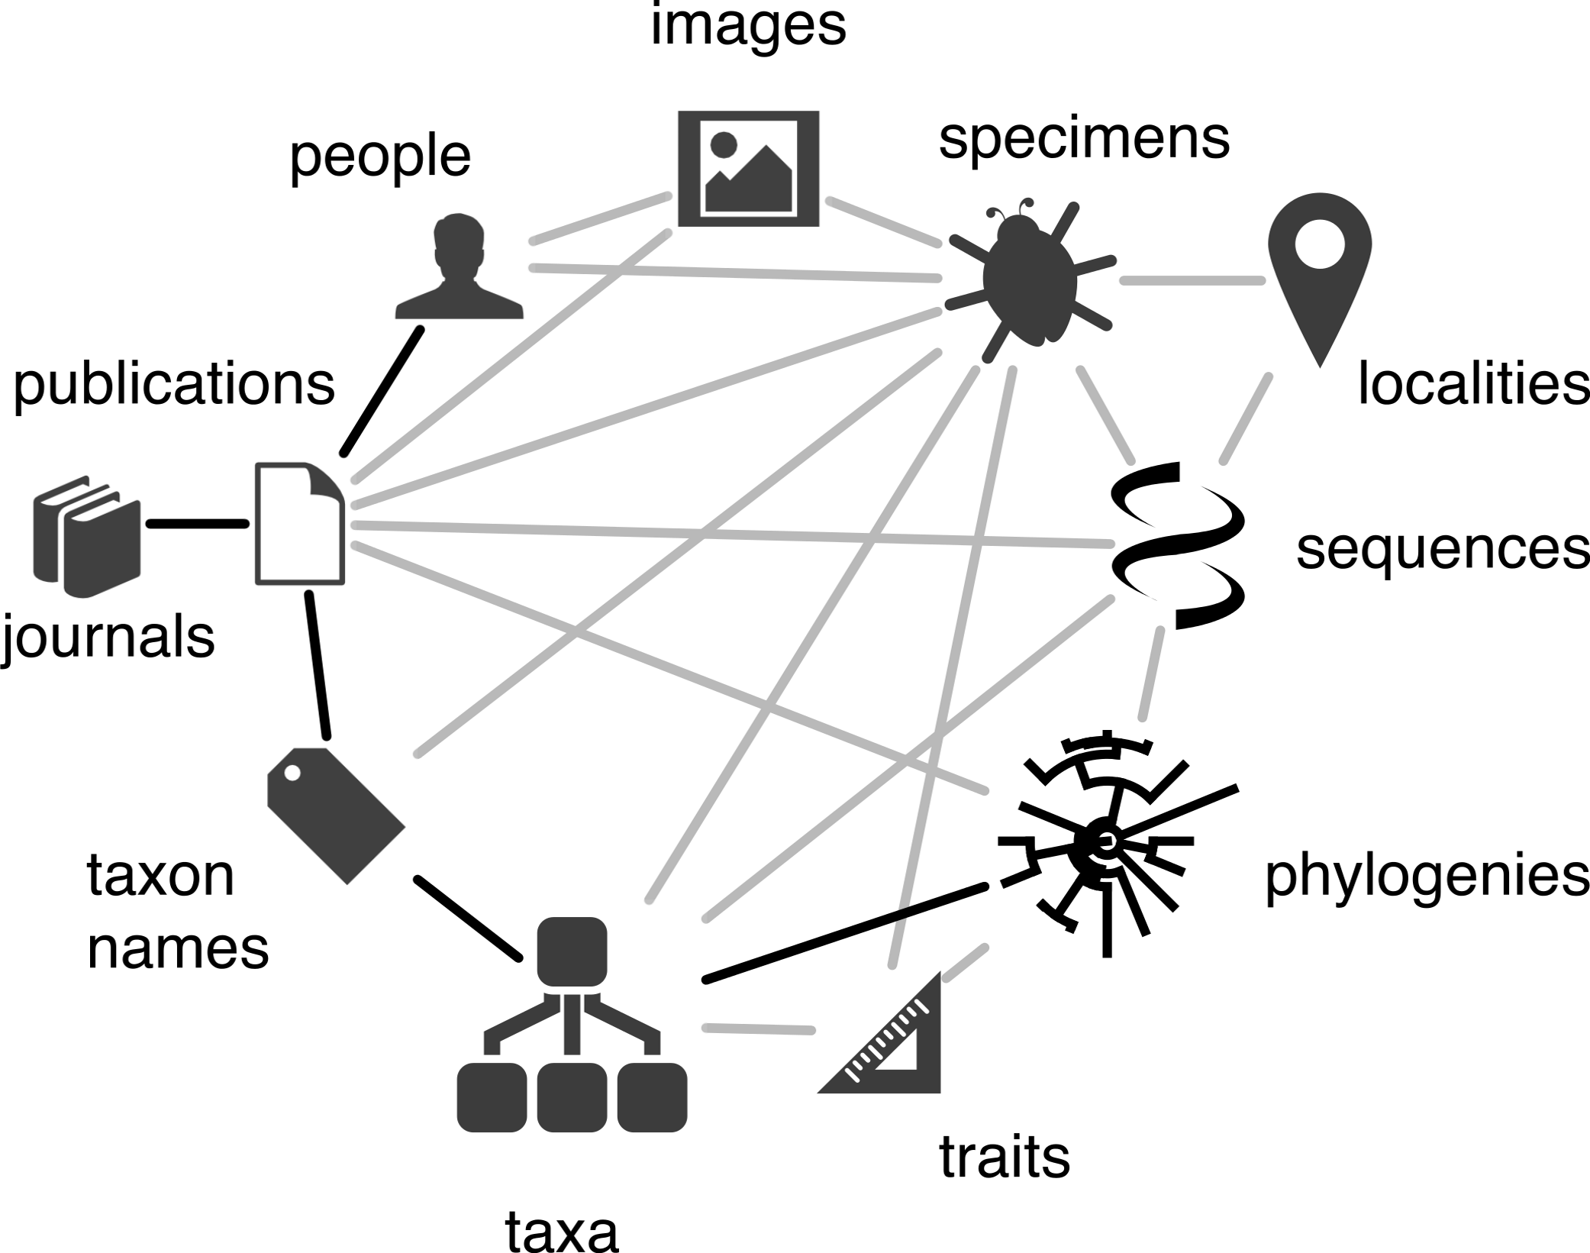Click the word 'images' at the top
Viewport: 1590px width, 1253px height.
(x=748, y=27)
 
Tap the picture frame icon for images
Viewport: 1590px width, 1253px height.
(x=748, y=169)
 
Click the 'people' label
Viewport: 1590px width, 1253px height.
(x=379, y=157)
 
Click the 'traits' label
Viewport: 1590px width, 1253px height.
(x=1004, y=1158)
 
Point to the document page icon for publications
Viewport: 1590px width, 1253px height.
(x=299, y=524)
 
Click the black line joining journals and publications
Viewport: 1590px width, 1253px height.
(x=198, y=524)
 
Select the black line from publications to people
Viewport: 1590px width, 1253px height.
(x=382, y=391)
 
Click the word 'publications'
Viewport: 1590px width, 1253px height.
(x=174, y=384)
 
